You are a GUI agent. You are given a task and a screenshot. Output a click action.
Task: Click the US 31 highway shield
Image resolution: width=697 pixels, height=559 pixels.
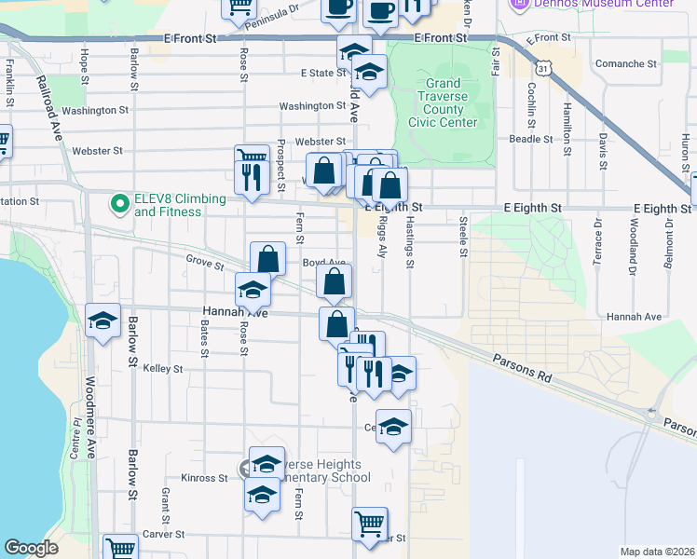click(x=543, y=68)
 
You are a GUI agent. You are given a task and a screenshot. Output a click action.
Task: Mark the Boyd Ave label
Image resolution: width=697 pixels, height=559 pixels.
click(x=323, y=264)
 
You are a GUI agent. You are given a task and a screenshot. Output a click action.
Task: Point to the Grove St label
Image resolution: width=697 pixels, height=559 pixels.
click(x=205, y=265)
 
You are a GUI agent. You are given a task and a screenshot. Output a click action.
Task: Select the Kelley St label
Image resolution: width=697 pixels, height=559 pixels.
click(x=163, y=369)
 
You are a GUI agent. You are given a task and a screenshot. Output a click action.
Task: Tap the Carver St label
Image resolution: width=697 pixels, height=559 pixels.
click(x=163, y=536)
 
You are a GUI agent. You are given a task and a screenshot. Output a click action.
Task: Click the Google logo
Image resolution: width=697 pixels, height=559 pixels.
click(x=32, y=548)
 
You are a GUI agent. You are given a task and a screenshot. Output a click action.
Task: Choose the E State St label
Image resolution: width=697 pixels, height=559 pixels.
click(x=322, y=73)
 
